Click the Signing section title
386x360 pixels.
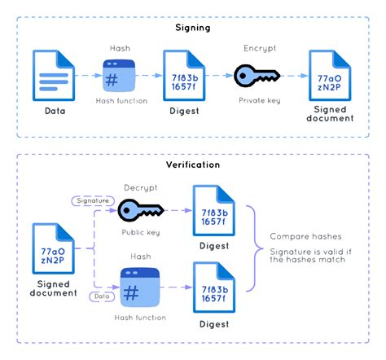pyautogui.click(x=194, y=27)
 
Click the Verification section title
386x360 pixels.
pyautogui.click(x=194, y=164)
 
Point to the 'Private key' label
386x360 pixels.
pyautogui.click(x=261, y=100)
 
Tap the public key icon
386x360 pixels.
pyautogui.click(x=139, y=211)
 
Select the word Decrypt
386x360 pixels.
pyautogui.click(x=139, y=187)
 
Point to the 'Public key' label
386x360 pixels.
pyautogui.click(x=139, y=232)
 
